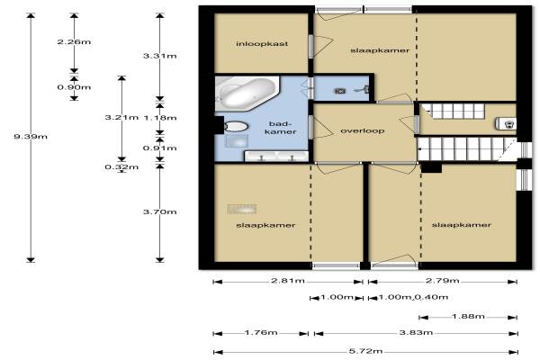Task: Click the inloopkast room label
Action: coord(262,44)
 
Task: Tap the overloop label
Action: coord(363,130)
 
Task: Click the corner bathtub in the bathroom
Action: coord(247,93)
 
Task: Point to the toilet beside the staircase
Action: coord(505,123)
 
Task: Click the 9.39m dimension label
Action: coord(31,137)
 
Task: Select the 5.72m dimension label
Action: coord(365,351)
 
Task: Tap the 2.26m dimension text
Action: coord(74,41)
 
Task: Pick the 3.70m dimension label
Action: coord(160,211)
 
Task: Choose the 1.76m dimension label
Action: coord(261,332)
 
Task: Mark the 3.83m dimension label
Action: coord(416,332)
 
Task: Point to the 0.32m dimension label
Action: coord(121,167)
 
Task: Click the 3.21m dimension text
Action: coord(121,118)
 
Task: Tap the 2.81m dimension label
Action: coord(288,281)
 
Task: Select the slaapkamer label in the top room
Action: coord(380,50)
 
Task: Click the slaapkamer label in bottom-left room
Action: coord(265,225)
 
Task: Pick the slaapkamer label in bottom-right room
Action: coord(461,225)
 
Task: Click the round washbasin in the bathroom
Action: coord(236,126)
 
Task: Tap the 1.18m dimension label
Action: coord(160,118)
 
